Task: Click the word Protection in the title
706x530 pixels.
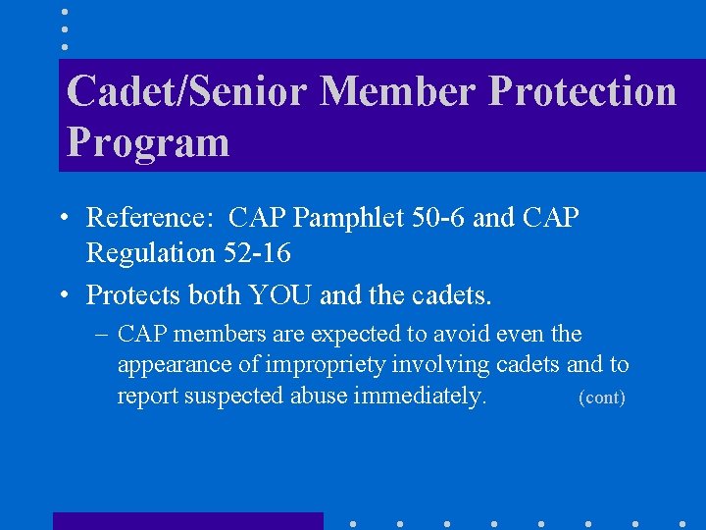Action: coord(582,91)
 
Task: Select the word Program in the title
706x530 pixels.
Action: coord(148,142)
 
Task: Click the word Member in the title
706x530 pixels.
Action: coord(398,91)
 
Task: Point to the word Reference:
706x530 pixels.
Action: coord(151,217)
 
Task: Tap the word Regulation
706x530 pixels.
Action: coord(149,253)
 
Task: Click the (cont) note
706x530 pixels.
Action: coord(602,397)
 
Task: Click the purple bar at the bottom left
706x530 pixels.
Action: coord(187,521)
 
